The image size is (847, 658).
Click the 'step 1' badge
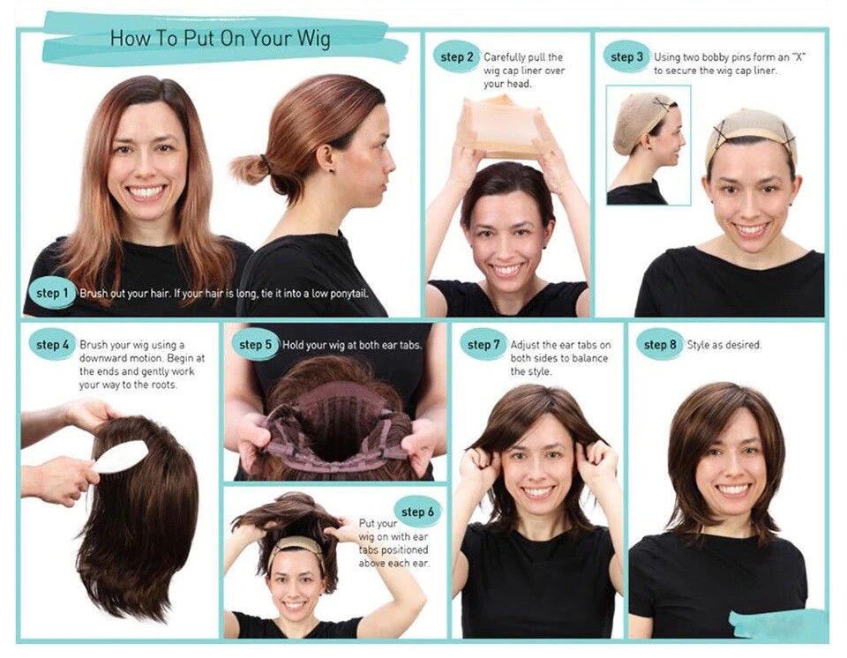51,294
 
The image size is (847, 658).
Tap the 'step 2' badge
456,56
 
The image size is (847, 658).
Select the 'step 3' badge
626,56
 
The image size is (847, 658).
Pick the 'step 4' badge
52,344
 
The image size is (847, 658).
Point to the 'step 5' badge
255,344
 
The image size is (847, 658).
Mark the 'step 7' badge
483,344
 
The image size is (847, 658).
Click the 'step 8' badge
660,344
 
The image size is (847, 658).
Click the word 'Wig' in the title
314,39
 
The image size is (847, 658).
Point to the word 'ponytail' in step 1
349,294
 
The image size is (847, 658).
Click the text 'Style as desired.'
723,345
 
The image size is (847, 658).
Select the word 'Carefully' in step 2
505,57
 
